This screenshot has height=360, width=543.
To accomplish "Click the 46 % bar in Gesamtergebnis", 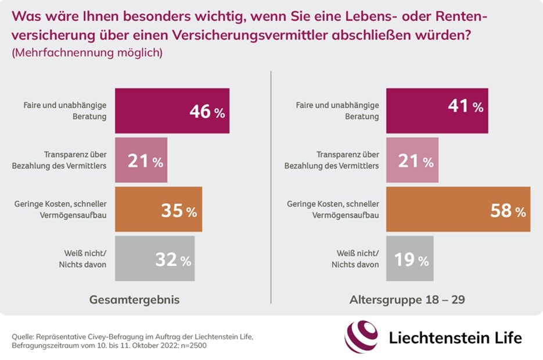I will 172,111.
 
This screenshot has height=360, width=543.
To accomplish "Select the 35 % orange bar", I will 159,210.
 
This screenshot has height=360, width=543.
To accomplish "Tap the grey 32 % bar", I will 154,258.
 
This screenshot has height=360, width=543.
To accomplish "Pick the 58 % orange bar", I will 458,210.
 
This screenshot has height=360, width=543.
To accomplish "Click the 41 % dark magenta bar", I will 437,111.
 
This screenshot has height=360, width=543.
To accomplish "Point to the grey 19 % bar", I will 409,258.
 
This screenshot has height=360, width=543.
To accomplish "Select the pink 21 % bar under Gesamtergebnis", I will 141,160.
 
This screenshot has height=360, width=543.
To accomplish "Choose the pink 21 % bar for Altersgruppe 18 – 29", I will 412,160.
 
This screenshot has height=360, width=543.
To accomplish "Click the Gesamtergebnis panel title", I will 134,300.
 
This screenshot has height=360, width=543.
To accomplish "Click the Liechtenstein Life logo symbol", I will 361,337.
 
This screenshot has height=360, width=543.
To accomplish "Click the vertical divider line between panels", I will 271,186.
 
